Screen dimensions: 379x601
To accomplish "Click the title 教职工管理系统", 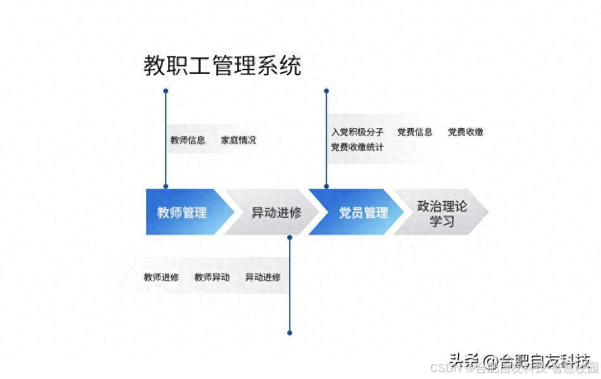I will click(x=222, y=66).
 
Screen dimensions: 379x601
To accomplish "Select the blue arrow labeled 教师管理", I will click(x=182, y=212).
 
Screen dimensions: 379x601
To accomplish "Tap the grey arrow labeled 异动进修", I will click(x=276, y=212).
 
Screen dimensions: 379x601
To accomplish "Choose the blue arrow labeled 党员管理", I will click(x=363, y=212).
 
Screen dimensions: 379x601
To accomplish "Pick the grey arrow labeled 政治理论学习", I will click(x=442, y=213).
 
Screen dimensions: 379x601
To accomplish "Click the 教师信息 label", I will click(x=188, y=140).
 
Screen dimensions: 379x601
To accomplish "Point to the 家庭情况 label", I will click(x=239, y=140).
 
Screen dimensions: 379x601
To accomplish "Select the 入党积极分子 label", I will click(x=357, y=132).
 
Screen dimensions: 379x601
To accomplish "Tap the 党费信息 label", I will click(x=415, y=132).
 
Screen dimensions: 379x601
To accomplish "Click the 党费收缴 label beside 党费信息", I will click(x=466, y=132).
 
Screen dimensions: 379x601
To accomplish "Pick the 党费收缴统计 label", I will click(x=357, y=147).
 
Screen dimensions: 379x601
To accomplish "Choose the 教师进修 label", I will click(x=161, y=277).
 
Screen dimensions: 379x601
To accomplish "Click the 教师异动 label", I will click(x=212, y=277).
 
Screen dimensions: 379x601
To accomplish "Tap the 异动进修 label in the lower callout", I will click(x=263, y=277).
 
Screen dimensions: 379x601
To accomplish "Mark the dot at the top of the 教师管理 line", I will click(x=166, y=91).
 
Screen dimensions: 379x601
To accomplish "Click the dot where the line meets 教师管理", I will click(x=166, y=186).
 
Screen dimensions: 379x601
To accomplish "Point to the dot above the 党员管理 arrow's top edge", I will click(x=326, y=186).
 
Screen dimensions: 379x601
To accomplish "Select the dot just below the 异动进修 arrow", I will click(x=290, y=238).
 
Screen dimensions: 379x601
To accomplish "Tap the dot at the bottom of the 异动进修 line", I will click(x=290, y=333).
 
